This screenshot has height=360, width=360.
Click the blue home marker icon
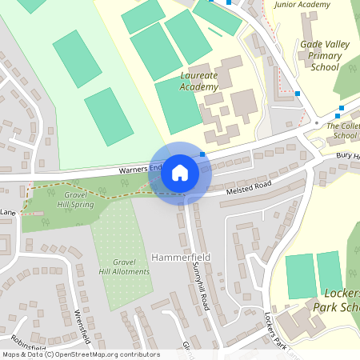click(x=180, y=173)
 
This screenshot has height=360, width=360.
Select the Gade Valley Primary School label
click(x=325, y=57)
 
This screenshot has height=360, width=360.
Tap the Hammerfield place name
click(x=178, y=258)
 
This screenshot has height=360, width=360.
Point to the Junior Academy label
click(x=302, y=5)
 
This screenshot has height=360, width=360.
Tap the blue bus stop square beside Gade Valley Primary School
click(x=298, y=94)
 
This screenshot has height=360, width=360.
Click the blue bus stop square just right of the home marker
click(x=203, y=153)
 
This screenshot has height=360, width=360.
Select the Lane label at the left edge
click(x=8, y=212)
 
